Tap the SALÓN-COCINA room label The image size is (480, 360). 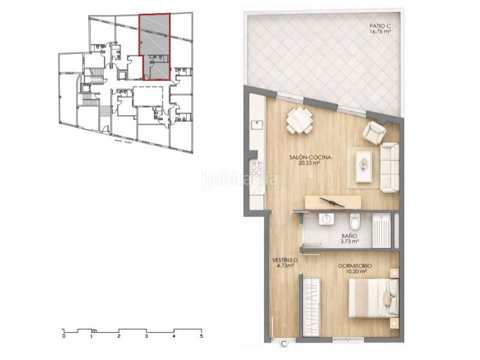(310, 157)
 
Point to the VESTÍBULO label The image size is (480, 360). (286, 260)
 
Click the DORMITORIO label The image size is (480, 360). (355, 265)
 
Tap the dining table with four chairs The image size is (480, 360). (299, 120)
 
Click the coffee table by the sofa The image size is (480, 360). (364, 166)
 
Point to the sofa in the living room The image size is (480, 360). (389, 167)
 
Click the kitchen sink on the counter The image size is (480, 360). (257, 125)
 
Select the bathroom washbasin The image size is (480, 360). (327, 219)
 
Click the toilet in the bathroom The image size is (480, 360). (355, 222)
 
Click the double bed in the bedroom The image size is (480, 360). (373, 298)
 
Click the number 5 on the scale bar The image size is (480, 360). (201, 337)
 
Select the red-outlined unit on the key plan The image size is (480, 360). (155, 46)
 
